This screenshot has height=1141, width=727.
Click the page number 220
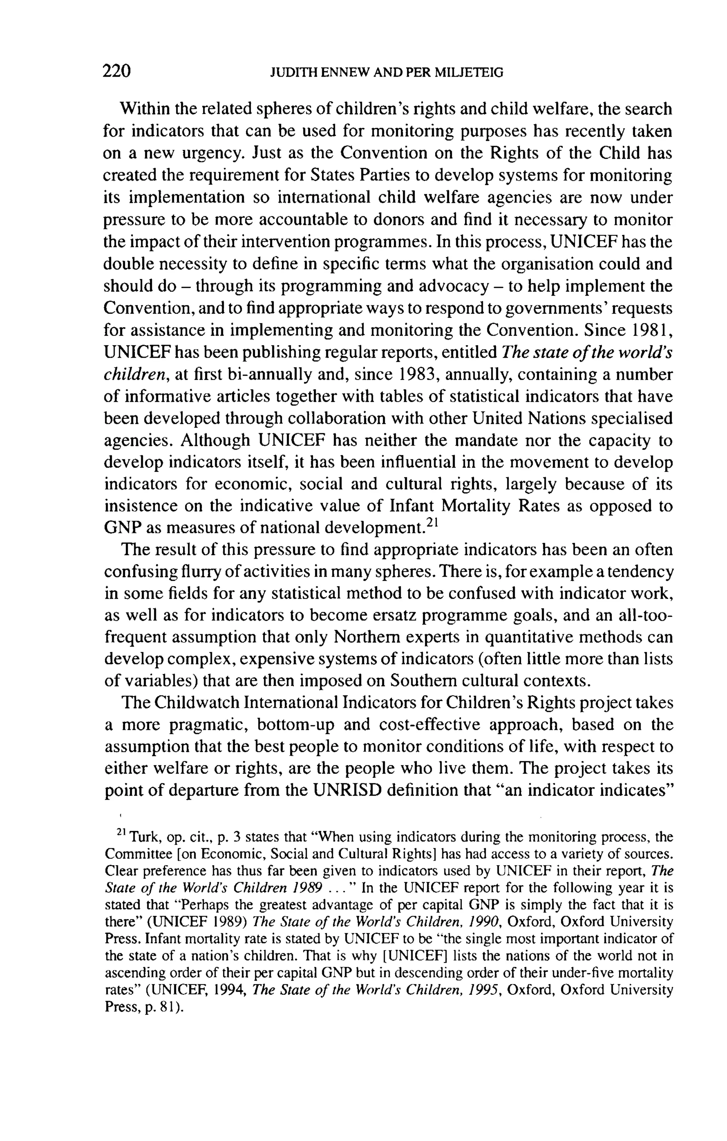point(116,71)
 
